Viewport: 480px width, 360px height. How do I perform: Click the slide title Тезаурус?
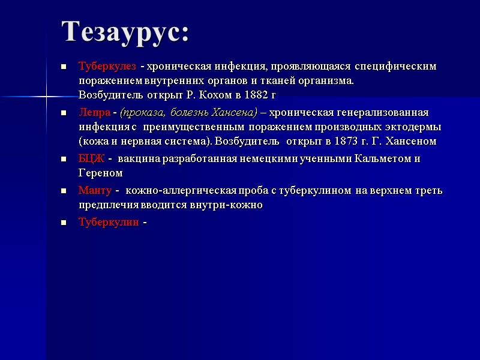(x=125, y=32)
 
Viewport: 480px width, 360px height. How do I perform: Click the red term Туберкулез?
(x=107, y=65)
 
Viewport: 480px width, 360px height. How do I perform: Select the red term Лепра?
(x=94, y=112)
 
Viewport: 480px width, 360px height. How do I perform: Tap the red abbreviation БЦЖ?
(x=92, y=159)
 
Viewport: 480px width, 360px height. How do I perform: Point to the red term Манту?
(x=95, y=191)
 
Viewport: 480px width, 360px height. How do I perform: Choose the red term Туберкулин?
(x=109, y=222)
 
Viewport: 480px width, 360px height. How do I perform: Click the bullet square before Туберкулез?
(x=63, y=65)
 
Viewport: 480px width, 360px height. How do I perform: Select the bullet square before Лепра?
(x=63, y=112)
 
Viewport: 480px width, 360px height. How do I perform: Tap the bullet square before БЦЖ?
(x=63, y=159)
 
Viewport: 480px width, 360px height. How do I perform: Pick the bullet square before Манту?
(x=63, y=191)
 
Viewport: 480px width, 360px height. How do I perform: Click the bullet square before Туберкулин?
(x=63, y=222)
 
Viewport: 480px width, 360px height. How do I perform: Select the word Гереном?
(x=100, y=173)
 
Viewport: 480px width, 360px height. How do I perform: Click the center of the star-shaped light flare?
(x=46, y=96)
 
